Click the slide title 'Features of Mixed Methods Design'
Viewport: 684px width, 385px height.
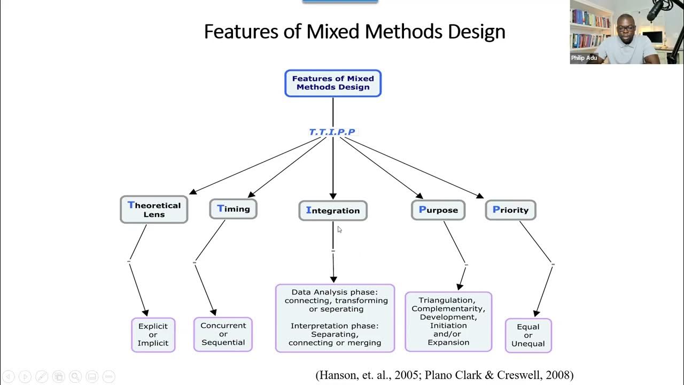354,32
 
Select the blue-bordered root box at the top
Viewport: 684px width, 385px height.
332,83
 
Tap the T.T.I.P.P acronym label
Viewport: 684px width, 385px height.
332,132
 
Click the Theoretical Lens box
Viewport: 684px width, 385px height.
154,210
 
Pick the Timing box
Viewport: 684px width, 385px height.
233,209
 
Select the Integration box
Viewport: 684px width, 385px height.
332,211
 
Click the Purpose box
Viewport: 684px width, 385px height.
438,210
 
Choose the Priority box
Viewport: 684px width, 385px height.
510,210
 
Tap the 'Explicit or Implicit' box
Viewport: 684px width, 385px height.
153,335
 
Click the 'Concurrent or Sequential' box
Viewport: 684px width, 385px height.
223,334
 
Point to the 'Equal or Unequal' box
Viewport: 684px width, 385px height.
528,335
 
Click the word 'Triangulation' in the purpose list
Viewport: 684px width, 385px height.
446,301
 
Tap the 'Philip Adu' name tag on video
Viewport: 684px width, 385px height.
584,58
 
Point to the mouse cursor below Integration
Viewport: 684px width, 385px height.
339,229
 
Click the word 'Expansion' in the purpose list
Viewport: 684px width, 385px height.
448,342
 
